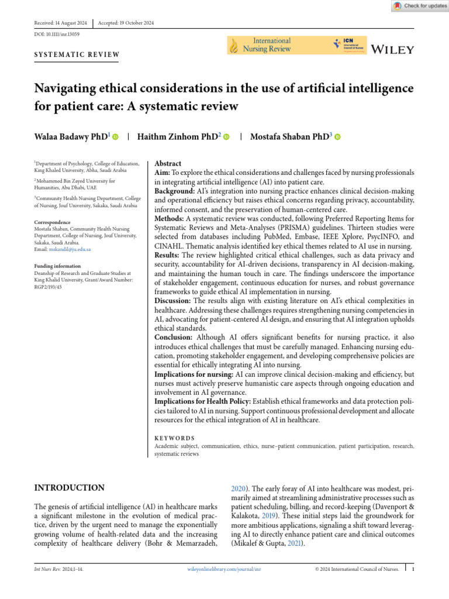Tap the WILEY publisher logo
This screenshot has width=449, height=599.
click(393, 49)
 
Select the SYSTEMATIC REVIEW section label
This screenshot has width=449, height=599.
click(77, 55)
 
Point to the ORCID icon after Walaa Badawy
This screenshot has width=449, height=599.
click(115, 137)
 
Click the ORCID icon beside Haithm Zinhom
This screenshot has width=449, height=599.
click(226, 137)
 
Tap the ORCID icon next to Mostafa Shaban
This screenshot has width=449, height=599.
click(337, 137)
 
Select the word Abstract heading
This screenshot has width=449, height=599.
click(168, 164)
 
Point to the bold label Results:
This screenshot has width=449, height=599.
click(168, 255)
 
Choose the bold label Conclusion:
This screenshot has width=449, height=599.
click(173, 338)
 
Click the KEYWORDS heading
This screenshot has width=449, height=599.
click(175, 438)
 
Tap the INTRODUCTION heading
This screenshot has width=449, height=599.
click(70, 488)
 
